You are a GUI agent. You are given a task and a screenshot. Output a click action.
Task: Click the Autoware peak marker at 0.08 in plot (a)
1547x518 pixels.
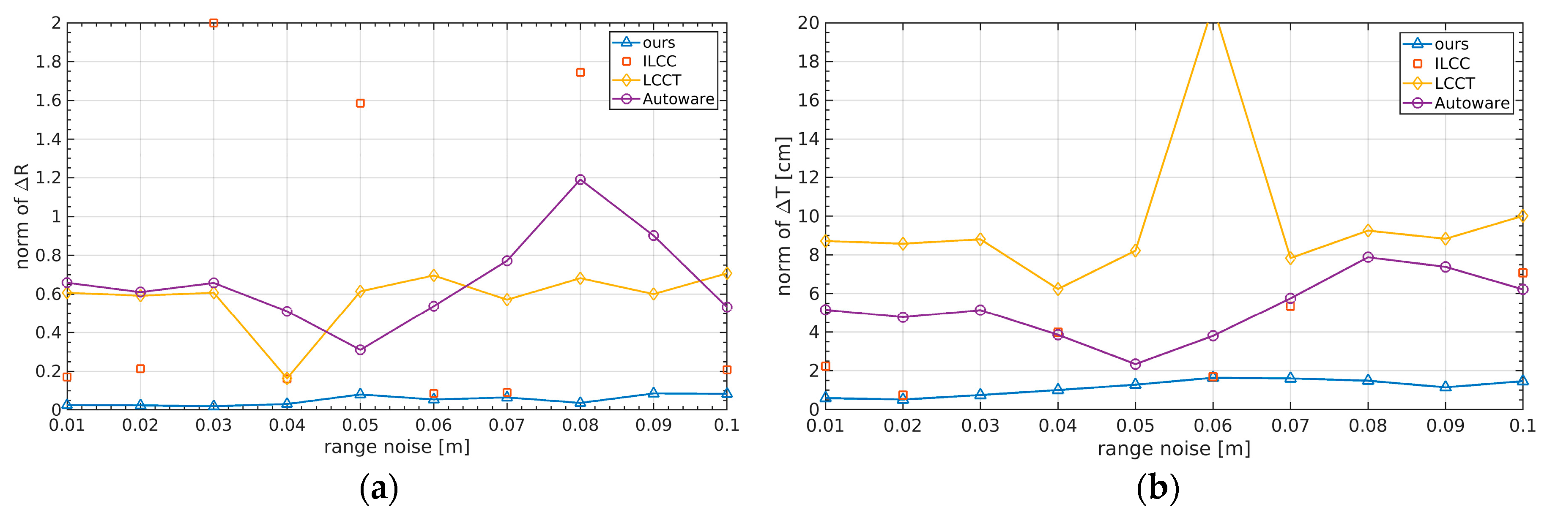click(x=580, y=180)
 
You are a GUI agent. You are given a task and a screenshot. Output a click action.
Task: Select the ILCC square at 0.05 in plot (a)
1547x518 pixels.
click(x=360, y=103)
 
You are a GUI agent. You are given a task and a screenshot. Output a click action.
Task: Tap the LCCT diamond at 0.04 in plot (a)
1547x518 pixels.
click(x=287, y=377)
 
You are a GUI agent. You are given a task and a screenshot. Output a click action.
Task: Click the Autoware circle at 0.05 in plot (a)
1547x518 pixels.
click(x=360, y=349)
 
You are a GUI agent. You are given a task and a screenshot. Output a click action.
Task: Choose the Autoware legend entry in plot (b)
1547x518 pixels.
click(x=1471, y=103)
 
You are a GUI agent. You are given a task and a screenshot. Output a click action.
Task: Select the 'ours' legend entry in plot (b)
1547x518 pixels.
click(x=1451, y=44)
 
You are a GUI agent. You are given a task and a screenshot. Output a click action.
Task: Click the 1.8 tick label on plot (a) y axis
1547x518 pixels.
click(x=49, y=62)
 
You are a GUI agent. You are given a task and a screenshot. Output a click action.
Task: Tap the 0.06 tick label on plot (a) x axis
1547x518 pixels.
click(x=434, y=425)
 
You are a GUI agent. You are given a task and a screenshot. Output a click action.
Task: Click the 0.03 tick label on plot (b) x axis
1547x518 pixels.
click(x=980, y=426)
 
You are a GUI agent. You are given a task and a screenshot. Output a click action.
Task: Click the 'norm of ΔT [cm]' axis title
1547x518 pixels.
click(x=784, y=216)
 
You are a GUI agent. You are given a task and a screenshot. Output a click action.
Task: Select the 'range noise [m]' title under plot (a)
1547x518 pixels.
click(x=397, y=447)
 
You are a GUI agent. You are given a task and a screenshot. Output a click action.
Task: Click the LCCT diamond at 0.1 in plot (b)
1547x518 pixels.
click(x=1522, y=216)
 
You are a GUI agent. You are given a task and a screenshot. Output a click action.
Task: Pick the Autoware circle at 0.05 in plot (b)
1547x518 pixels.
click(x=1135, y=364)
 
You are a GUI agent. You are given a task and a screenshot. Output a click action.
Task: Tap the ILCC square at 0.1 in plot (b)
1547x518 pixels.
click(x=1522, y=273)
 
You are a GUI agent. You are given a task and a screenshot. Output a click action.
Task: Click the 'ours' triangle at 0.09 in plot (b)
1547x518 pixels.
click(x=1446, y=387)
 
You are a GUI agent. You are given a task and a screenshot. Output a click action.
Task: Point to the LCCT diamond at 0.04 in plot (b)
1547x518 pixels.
click(x=1057, y=289)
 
